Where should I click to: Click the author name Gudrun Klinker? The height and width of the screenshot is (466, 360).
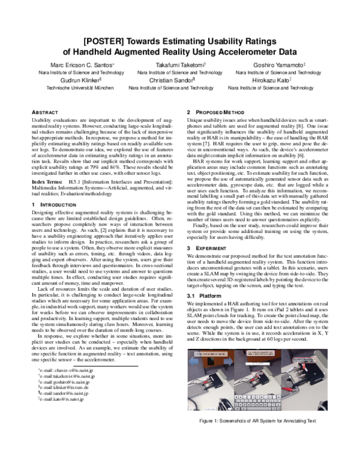coord(77,79)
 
